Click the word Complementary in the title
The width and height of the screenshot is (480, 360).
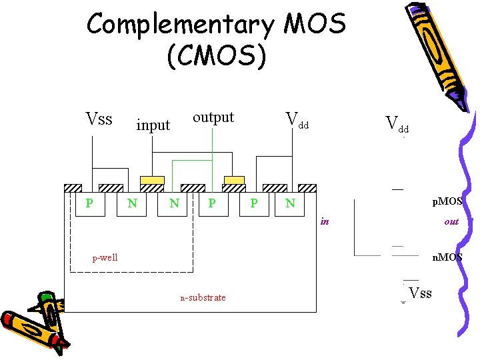click(180, 25)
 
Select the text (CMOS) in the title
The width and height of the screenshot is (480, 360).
click(217, 57)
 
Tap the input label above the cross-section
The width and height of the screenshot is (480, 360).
click(153, 125)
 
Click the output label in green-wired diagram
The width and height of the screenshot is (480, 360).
click(213, 117)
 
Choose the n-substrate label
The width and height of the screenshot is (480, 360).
click(203, 297)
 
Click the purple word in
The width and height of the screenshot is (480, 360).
click(325, 221)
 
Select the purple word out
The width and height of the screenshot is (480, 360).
click(451, 221)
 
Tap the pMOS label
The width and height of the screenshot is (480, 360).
click(447, 201)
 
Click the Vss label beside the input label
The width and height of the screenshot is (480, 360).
click(99, 119)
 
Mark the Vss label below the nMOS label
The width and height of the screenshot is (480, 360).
click(420, 293)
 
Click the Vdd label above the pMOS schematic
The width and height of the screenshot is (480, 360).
click(397, 123)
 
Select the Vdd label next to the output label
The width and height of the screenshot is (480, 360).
click(297, 120)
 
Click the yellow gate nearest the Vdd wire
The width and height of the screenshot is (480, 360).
click(233, 180)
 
